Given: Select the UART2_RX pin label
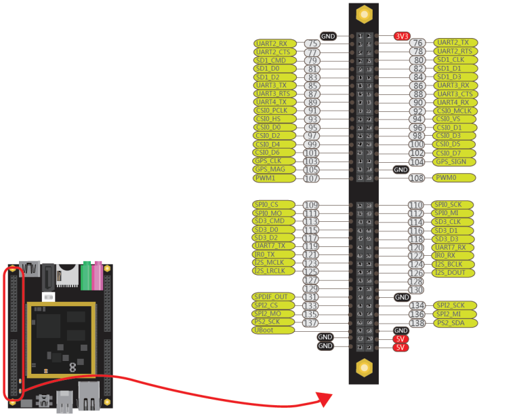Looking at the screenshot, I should [x=274, y=43].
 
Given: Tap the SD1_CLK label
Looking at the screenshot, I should [x=455, y=60].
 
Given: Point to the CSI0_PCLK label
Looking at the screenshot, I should [x=274, y=111].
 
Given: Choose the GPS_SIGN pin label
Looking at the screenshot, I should [x=455, y=161].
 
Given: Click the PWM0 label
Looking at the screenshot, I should [x=455, y=178].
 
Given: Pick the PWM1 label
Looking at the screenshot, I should [x=274, y=178].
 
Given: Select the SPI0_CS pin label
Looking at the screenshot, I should [x=274, y=204].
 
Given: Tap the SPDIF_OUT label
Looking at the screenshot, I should [x=274, y=297].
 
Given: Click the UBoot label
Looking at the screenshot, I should [x=274, y=330].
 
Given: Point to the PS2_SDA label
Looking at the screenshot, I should [x=455, y=323].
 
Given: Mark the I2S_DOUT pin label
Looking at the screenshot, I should [x=455, y=272].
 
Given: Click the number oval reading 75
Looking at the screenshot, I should [x=312, y=43].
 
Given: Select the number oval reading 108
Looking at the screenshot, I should [x=417, y=178].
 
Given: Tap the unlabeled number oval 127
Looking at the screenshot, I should [x=311, y=280].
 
